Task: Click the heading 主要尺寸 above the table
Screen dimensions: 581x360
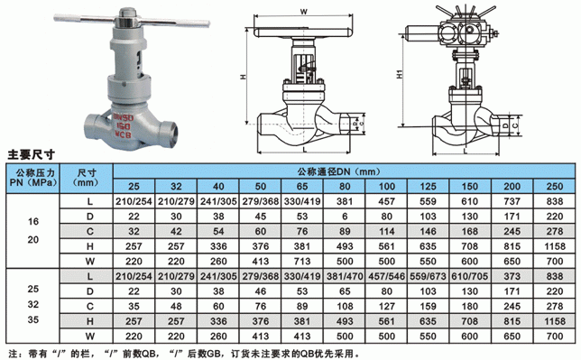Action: coord(31,154)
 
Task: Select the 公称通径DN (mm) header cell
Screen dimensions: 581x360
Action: coord(345,171)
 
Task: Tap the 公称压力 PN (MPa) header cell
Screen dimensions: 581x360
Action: coord(33,178)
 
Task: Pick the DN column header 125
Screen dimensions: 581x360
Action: coord(428,187)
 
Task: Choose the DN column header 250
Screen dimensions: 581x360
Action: coord(554,187)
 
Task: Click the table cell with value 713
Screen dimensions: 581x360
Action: coord(302,262)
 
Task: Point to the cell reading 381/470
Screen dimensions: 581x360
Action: coord(345,277)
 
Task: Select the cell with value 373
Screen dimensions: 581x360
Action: coord(512,277)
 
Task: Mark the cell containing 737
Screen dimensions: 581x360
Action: coord(512,201)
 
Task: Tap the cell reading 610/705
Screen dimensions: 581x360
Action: coord(470,277)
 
